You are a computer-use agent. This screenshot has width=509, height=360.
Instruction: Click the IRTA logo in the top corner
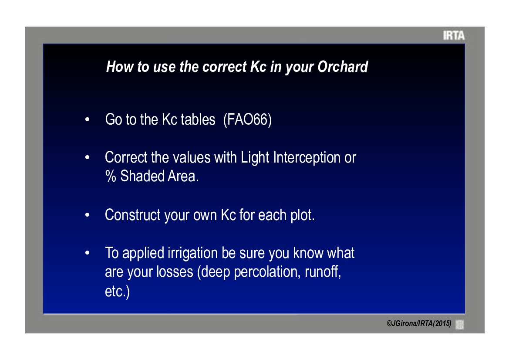454,35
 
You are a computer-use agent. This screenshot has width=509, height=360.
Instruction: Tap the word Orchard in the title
343,67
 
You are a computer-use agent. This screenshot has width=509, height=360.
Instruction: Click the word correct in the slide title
224,67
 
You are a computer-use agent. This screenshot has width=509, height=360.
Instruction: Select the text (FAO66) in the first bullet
247,119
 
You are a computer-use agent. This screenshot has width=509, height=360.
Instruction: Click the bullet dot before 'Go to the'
88,119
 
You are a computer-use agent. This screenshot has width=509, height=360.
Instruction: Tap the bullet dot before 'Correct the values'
88,158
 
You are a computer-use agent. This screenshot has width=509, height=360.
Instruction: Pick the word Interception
307,158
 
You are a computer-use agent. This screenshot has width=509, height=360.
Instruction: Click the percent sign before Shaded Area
111,177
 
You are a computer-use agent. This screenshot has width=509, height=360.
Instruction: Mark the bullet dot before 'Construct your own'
88,215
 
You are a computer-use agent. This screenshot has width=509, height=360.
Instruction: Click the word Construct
133,215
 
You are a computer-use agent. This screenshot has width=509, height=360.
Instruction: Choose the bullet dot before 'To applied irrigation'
88,253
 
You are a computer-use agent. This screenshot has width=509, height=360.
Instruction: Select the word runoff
322,272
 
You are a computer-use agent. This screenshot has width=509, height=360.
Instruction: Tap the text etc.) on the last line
117,291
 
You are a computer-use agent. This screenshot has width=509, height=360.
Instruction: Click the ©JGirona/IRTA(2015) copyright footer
419,324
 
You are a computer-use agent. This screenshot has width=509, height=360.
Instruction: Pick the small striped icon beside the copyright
460,324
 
